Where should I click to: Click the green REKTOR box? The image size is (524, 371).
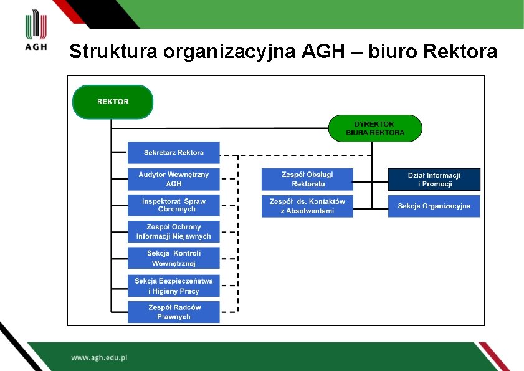(113, 102)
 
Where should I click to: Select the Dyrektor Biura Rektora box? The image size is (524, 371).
(375, 128)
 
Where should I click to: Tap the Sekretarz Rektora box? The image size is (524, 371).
(174, 152)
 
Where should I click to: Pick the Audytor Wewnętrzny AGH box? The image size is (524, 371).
(174, 179)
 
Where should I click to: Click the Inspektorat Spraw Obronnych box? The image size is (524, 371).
(174, 205)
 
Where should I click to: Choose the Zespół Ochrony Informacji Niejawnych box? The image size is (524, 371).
(174, 231)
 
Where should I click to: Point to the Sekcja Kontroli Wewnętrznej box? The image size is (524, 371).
(174, 258)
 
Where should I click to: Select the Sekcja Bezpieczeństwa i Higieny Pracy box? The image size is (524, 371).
(174, 286)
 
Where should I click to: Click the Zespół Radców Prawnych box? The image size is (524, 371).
(174, 312)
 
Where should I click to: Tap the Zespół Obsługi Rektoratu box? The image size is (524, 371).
(307, 179)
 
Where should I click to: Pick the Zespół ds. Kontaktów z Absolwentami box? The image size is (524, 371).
(307, 206)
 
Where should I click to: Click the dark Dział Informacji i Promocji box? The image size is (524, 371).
(434, 180)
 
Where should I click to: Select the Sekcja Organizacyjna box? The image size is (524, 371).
(434, 206)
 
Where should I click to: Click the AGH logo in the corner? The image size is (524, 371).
(36, 31)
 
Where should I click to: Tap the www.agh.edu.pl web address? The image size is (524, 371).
(99, 358)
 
